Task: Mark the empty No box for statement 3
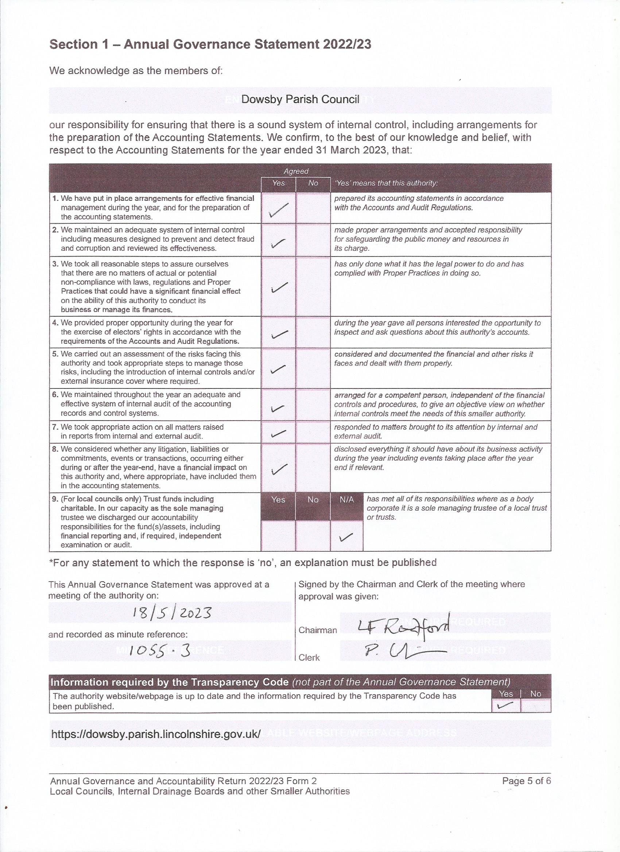pyautogui.click(x=313, y=287)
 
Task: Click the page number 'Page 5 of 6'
pyautogui.click(x=526, y=780)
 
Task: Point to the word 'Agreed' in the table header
pyautogui.click(x=296, y=171)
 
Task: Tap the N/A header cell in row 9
pyautogui.click(x=346, y=500)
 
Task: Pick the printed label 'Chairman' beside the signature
pyautogui.click(x=317, y=630)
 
